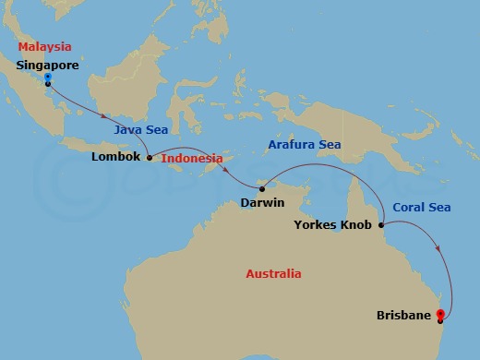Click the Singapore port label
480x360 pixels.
point(47,66)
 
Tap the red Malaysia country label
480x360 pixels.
point(44,46)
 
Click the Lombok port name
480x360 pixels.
point(116,157)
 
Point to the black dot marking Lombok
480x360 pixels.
point(150,157)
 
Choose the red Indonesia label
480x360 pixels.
point(193,158)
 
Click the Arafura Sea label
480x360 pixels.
point(304,145)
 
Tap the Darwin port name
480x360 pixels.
point(261,202)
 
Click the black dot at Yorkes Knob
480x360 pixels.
point(381,223)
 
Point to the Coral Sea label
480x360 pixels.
point(421,208)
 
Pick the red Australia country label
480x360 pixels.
point(273,274)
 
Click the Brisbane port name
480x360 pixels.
point(404,316)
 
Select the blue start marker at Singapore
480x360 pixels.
point(47,78)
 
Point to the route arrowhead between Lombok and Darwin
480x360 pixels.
point(221,163)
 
